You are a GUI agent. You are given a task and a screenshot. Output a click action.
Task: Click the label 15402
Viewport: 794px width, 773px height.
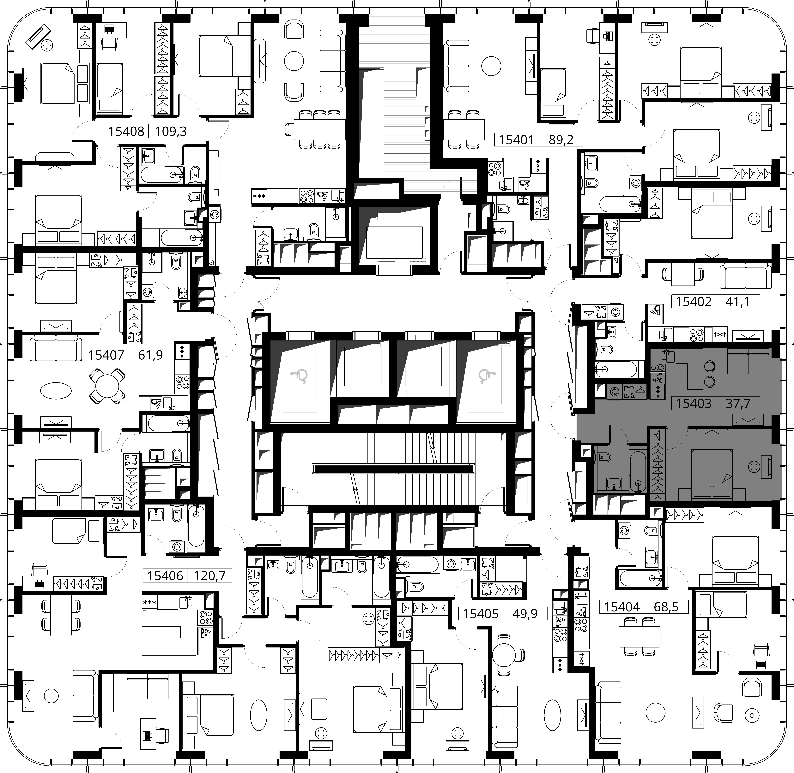pyautogui.click(x=694, y=302)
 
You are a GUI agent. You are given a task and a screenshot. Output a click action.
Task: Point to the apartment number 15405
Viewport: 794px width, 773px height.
pyautogui.click(x=480, y=613)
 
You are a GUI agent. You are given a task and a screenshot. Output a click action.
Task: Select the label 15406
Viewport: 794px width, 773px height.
pyautogui.click(x=165, y=576)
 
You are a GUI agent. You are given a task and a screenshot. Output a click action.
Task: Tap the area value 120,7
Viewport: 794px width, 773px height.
pyautogui.click(x=210, y=576)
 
